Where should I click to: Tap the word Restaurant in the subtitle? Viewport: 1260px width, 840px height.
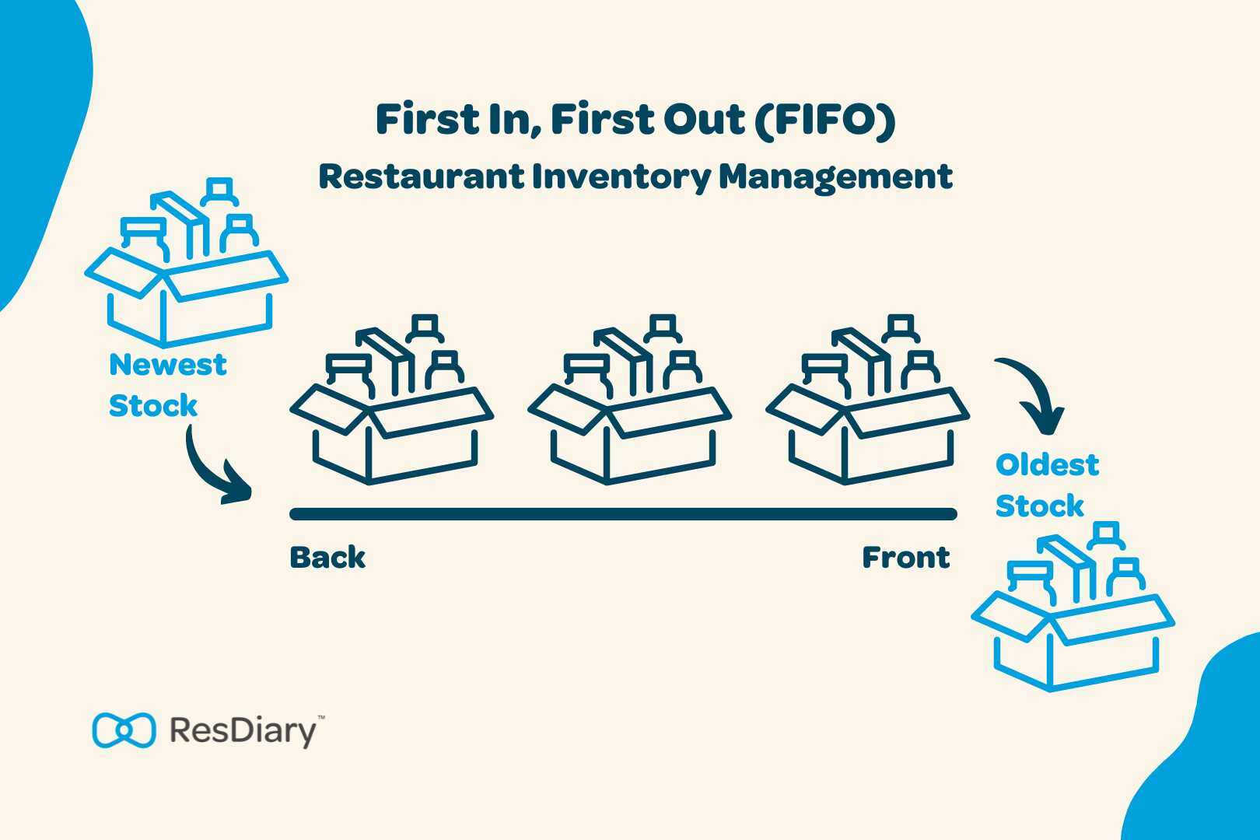pos(422,177)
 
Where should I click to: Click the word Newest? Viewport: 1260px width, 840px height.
pos(167,364)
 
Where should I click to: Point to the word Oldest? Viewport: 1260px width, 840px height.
pos(1047,465)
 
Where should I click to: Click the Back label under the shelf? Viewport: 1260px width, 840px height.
pos(327,558)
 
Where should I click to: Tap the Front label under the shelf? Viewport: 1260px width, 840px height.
pos(906,558)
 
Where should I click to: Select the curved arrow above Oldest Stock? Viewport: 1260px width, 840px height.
pos(1031,393)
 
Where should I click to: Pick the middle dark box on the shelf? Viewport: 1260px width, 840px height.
pos(630,404)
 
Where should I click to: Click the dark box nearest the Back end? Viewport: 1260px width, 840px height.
pos(391,404)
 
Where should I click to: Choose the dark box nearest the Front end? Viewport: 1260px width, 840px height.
pos(867,404)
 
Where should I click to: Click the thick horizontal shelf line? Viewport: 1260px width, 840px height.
pos(622,514)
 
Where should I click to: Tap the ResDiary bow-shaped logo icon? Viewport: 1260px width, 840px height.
pos(124,730)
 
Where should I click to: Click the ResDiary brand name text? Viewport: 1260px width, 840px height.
pos(243,731)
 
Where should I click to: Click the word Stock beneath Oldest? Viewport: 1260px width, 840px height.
pos(1039,506)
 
